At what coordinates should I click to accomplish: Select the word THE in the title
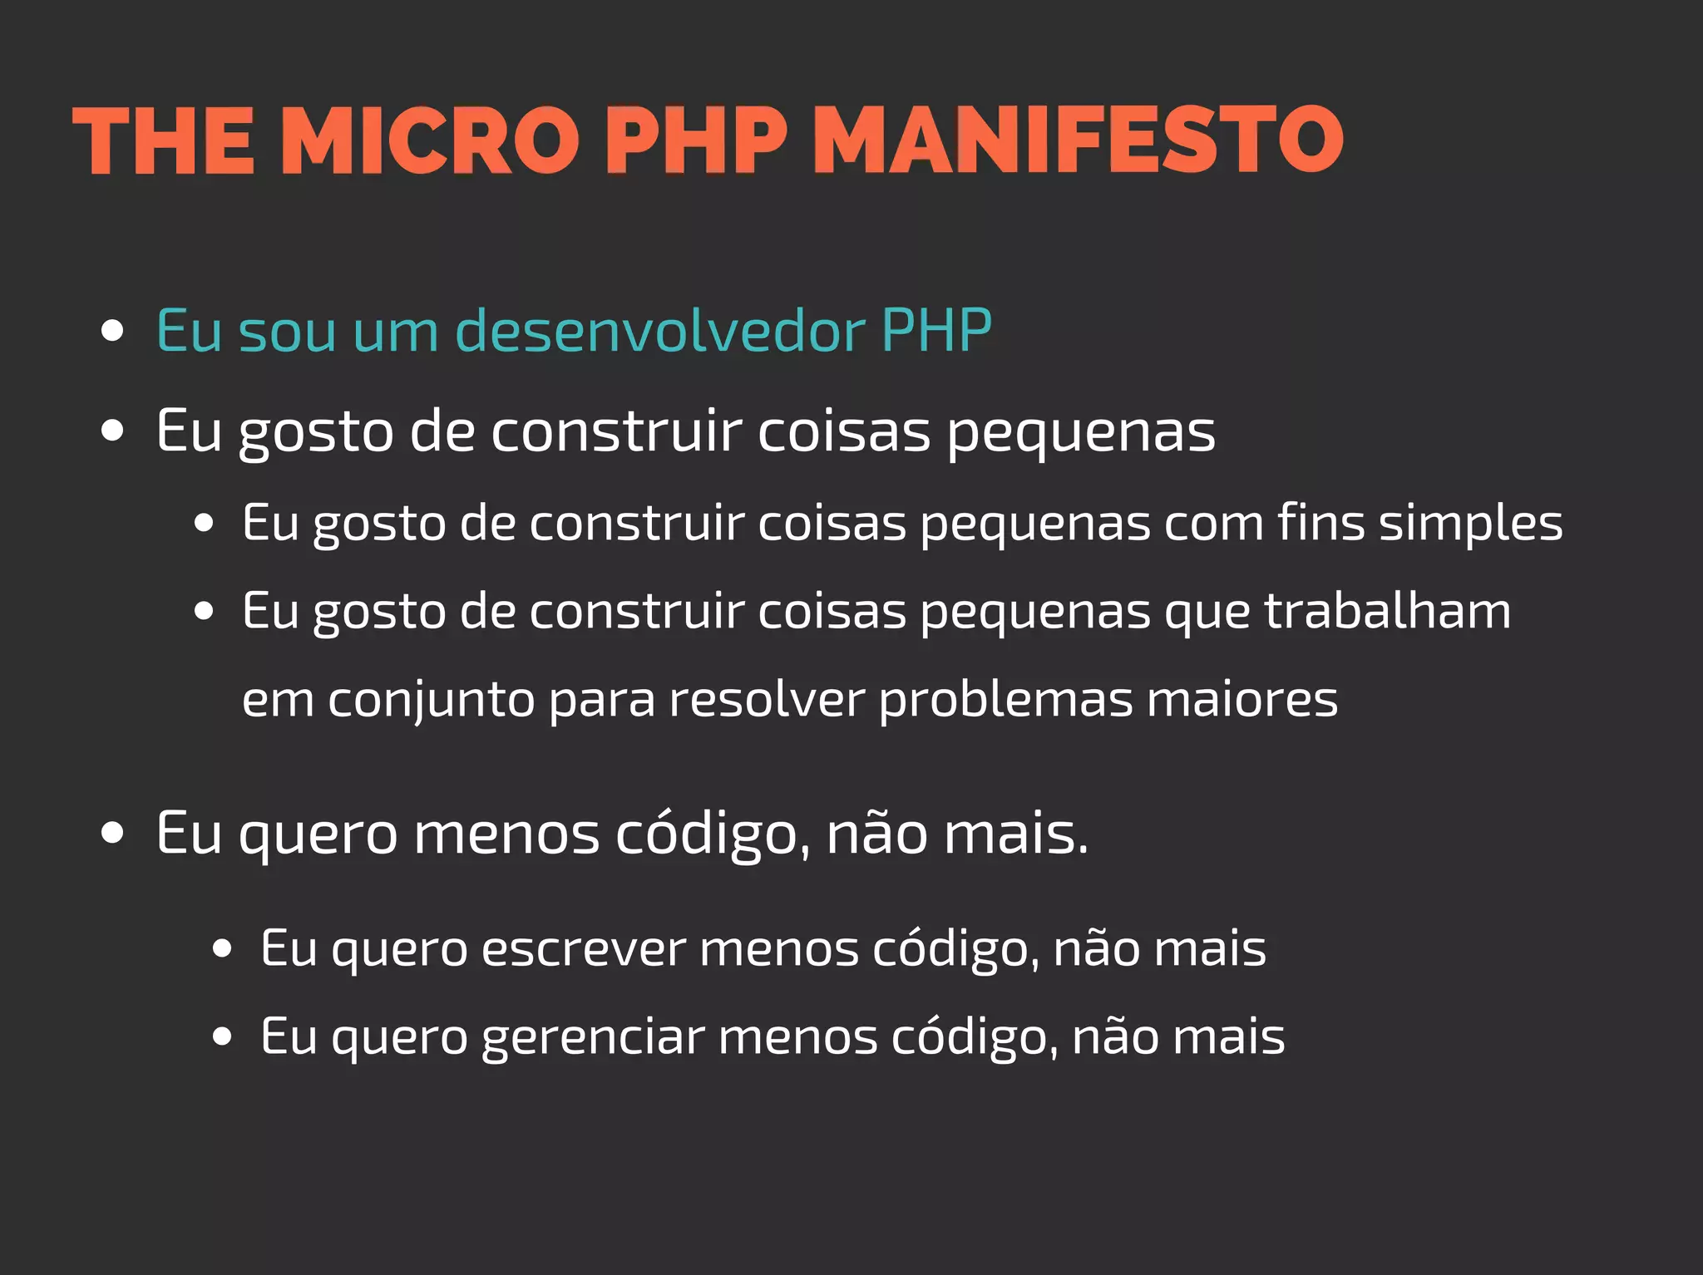164,141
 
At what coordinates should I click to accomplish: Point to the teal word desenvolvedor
660,331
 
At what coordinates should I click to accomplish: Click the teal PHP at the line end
936,331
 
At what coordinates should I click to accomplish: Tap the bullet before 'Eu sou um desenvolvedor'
112,331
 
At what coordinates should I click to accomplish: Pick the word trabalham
1387,612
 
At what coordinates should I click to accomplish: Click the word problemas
1005,700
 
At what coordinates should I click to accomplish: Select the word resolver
767,700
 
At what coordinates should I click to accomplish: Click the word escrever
583,949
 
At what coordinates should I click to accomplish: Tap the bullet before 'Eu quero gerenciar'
221,1037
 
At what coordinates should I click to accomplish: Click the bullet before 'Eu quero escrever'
221,949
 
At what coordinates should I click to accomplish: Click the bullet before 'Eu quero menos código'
112,834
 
